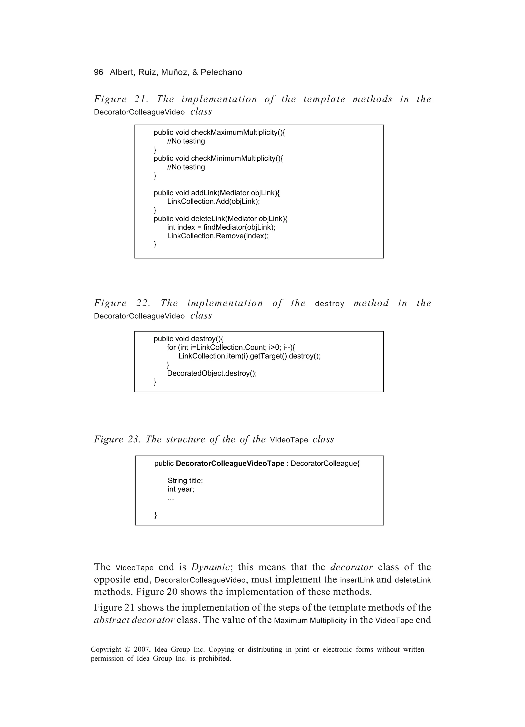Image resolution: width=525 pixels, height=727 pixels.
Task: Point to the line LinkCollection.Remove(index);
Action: pyautogui.click(x=218, y=236)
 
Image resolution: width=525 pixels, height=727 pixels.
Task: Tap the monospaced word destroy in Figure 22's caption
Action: pyautogui.click(x=329, y=304)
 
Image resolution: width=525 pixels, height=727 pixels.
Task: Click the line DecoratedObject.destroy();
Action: pyautogui.click(x=212, y=373)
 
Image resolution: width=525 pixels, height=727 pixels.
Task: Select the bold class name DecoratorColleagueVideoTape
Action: pyautogui.click(x=230, y=464)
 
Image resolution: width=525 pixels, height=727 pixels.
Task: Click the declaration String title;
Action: pyautogui.click(x=185, y=480)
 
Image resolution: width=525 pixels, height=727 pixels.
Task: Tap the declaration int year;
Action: pyautogui.click(x=181, y=489)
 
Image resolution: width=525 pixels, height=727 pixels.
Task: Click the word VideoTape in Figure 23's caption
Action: pyautogui.click(x=289, y=440)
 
